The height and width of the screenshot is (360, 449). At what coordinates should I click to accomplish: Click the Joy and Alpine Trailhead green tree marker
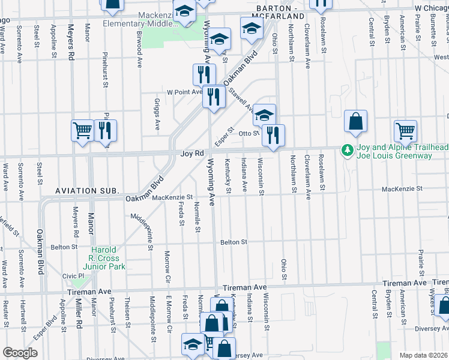click(347, 150)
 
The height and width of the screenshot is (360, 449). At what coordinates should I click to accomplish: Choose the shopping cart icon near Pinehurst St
click(82, 130)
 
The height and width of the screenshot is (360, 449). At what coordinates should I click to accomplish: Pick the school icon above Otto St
click(264, 114)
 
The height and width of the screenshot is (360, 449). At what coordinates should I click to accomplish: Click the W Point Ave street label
click(185, 92)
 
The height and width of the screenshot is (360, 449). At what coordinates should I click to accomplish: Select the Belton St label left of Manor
click(64, 247)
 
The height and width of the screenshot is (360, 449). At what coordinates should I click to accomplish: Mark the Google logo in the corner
click(20, 353)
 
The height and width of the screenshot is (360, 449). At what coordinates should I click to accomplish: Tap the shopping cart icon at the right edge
click(406, 131)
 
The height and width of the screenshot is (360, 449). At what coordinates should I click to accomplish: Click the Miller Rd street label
click(79, 313)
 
